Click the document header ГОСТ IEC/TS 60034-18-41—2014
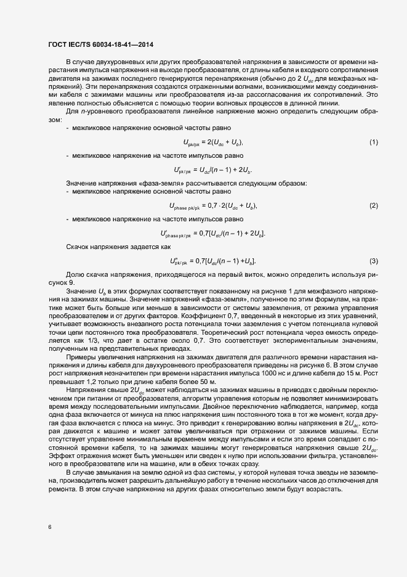coord(100,45)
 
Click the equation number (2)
coord(373,205)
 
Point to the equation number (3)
coord(373,261)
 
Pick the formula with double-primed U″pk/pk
coord(212,261)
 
